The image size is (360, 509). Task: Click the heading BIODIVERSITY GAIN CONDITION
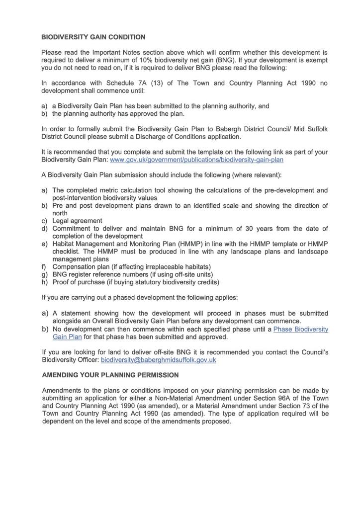point(93,37)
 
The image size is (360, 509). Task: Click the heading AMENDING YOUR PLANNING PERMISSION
point(110,375)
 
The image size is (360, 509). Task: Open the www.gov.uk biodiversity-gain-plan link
point(196,160)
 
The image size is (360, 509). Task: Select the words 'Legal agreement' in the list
point(77,221)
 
